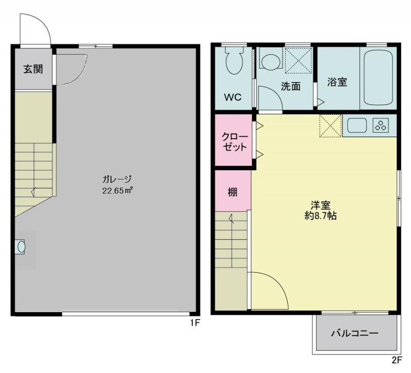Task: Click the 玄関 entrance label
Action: coord(33,69)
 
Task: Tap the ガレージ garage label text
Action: coord(117,179)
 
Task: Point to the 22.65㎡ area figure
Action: coord(118,191)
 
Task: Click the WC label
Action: coord(233,97)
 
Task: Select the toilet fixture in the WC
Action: coord(234,62)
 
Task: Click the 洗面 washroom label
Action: coord(291,86)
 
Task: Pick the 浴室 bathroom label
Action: coord(337,82)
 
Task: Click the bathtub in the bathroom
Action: coord(378,78)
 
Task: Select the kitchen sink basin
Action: coord(357,125)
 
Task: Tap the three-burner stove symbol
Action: coord(381,125)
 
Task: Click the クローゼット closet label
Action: coord(235,142)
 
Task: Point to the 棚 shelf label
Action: coord(233,192)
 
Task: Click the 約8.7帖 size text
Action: coord(321,215)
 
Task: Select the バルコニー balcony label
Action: coord(354,333)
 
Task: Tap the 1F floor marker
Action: coord(195,323)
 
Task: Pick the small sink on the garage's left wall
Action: coord(20,247)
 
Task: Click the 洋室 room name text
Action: coord(321,204)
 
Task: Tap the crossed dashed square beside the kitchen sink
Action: coord(330,125)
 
